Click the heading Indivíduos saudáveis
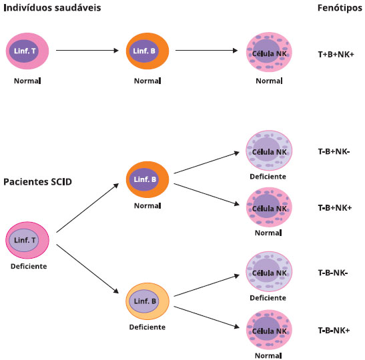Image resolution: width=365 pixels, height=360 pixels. [52, 8]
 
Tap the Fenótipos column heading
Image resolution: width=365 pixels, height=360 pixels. [340, 8]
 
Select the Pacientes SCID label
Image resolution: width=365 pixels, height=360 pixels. [38, 181]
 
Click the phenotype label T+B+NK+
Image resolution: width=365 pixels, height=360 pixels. [336, 55]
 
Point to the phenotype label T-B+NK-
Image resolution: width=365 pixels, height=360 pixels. [334, 151]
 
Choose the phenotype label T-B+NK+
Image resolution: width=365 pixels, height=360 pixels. [335, 208]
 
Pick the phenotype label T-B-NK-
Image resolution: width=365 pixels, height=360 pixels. [333, 273]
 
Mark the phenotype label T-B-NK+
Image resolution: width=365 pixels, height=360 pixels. [334, 330]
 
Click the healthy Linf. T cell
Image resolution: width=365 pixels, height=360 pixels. [27, 51]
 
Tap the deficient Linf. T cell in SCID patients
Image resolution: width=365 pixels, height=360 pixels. [27, 240]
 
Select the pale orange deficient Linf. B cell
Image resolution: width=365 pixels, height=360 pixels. [147, 301]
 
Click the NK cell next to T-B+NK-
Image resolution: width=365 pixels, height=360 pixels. [269, 151]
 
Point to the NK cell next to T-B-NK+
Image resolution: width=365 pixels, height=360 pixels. [269, 330]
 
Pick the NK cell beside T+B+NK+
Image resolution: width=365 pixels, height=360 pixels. [269, 52]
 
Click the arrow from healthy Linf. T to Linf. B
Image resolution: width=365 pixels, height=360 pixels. [87, 50]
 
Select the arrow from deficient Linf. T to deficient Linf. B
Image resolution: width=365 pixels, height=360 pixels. [87, 269]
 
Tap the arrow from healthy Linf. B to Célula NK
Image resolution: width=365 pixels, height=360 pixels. [206, 50]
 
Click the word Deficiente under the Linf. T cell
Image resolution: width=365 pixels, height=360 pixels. [29, 266]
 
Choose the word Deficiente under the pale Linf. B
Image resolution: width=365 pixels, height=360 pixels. [147, 327]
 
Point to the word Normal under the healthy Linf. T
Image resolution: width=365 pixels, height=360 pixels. [27, 81]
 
